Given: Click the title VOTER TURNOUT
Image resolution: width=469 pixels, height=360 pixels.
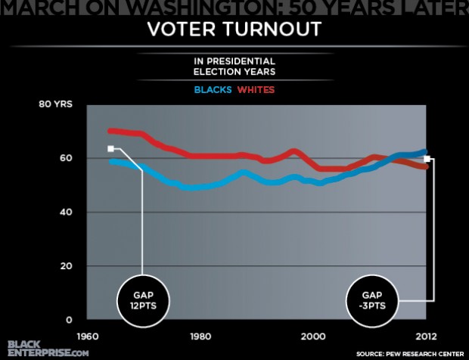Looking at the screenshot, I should coord(234,30).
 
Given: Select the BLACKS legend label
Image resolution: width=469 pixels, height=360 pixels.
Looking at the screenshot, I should coord(213,90).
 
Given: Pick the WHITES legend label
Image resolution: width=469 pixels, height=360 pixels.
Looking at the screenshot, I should coord(256,90).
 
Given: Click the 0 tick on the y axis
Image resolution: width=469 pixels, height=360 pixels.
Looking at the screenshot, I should coord(69,320).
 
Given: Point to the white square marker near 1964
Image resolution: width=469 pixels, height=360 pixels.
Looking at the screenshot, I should coord(110,149).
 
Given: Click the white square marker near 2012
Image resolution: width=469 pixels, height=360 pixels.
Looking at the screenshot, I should coord(427,159).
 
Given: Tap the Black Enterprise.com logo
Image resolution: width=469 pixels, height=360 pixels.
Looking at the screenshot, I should coord(47,347).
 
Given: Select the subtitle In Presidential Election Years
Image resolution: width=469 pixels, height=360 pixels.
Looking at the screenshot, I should coord(234,67).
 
